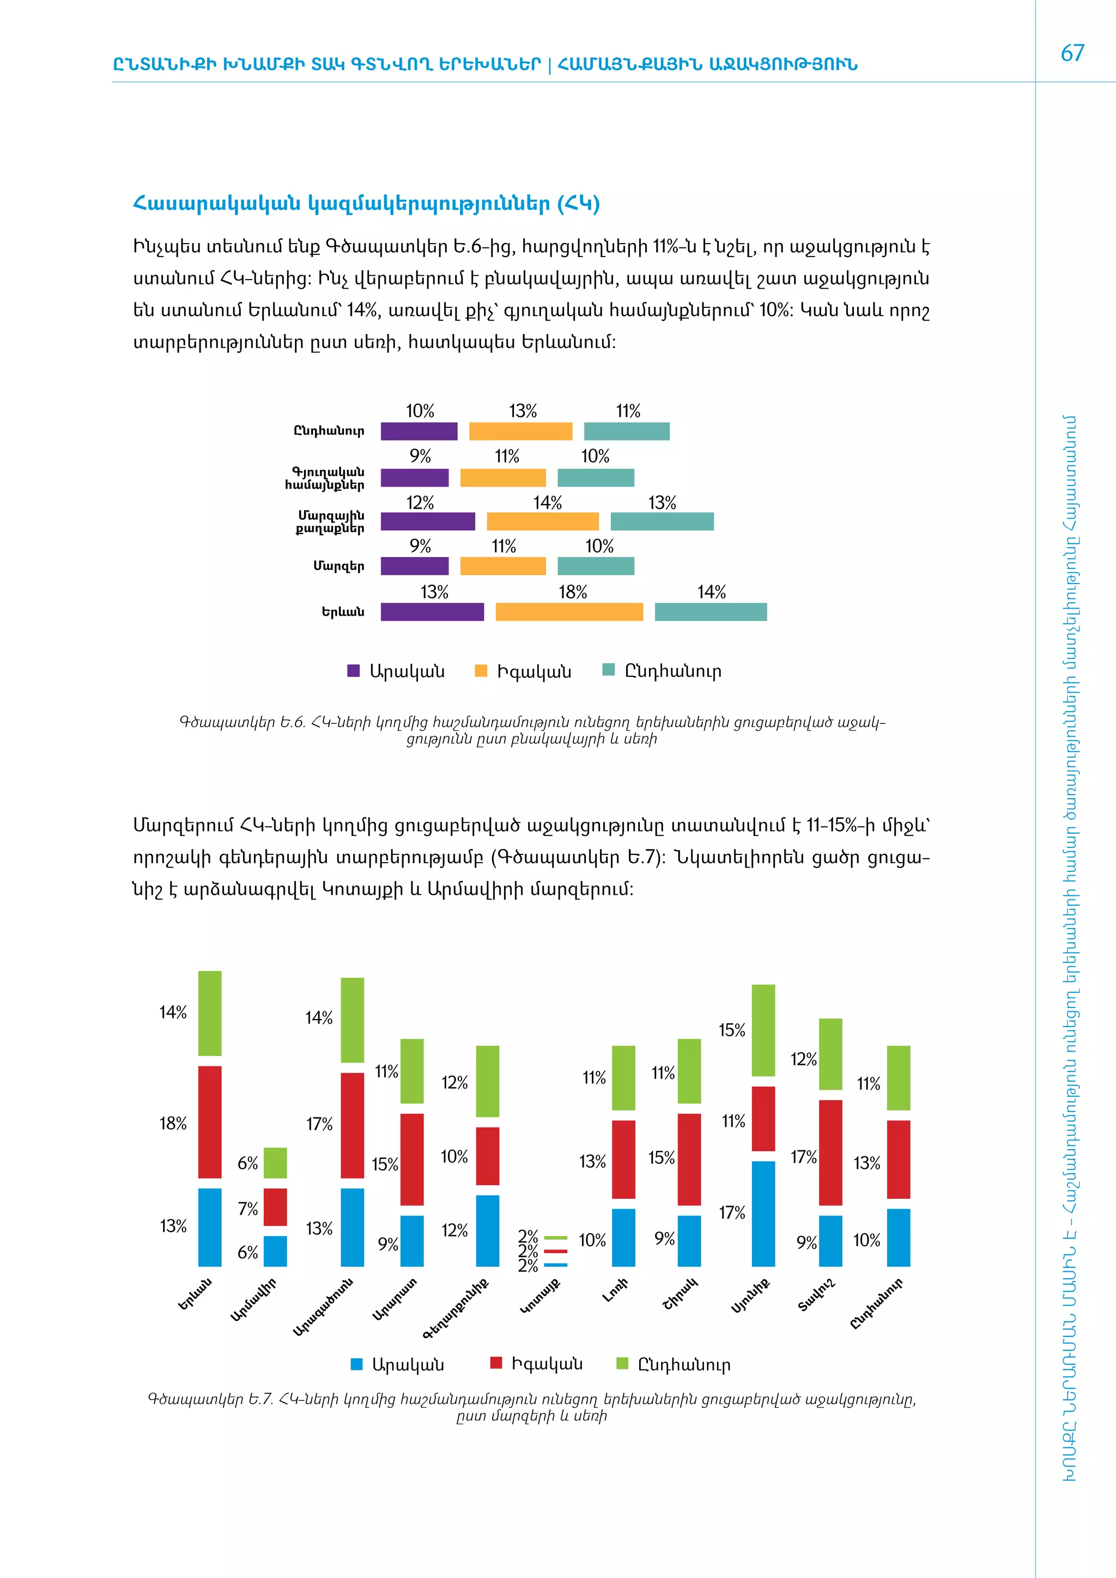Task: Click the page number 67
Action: (x=1072, y=53)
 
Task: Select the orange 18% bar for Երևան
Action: (x=569, y=612)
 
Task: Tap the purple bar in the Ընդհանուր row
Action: (x=418, y=431)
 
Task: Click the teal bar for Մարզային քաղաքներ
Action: (x=662, y=521)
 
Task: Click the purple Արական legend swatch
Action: (x=353, y=671)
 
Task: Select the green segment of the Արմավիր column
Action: (x=275, y=1162)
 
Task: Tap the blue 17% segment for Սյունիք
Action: (x=763, y=1213)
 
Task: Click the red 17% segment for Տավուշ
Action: (x=830, y=1152)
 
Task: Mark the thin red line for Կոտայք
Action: (x=555, y=1251)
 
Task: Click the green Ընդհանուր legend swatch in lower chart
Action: (x=622, y=1363)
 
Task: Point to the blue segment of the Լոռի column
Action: (x=623, y=1237)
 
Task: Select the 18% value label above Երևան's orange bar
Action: (x=572, y=592)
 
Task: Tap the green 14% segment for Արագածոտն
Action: (x=353, y=1020)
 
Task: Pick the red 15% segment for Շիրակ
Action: (x=689, y=1160)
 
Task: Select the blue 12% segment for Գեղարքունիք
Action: (x=487, y=1230)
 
